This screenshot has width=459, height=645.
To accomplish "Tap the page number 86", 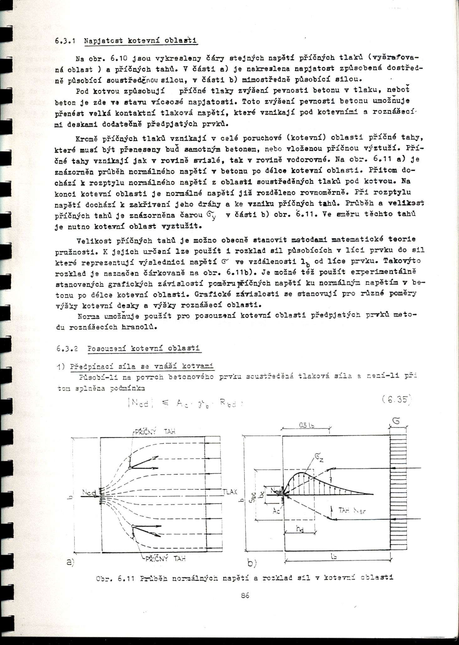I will tap(245, 595).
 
